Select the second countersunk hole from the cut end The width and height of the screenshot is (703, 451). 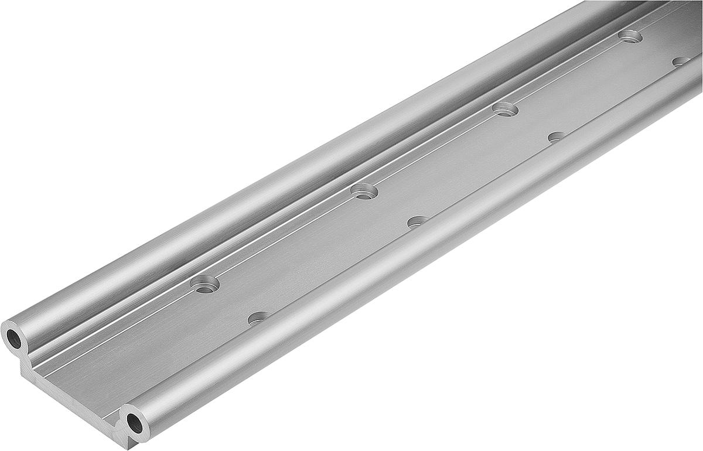click(x=364, y=191)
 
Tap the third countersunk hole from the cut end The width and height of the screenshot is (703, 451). click(x=505, y=109)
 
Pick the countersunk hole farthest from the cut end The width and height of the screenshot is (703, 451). click(x=630, y=36)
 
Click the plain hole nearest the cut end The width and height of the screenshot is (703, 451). click(x=259, y=318)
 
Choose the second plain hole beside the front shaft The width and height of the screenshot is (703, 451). click(x=418, y=221)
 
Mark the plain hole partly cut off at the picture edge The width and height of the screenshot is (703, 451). click(x=681, y=61)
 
